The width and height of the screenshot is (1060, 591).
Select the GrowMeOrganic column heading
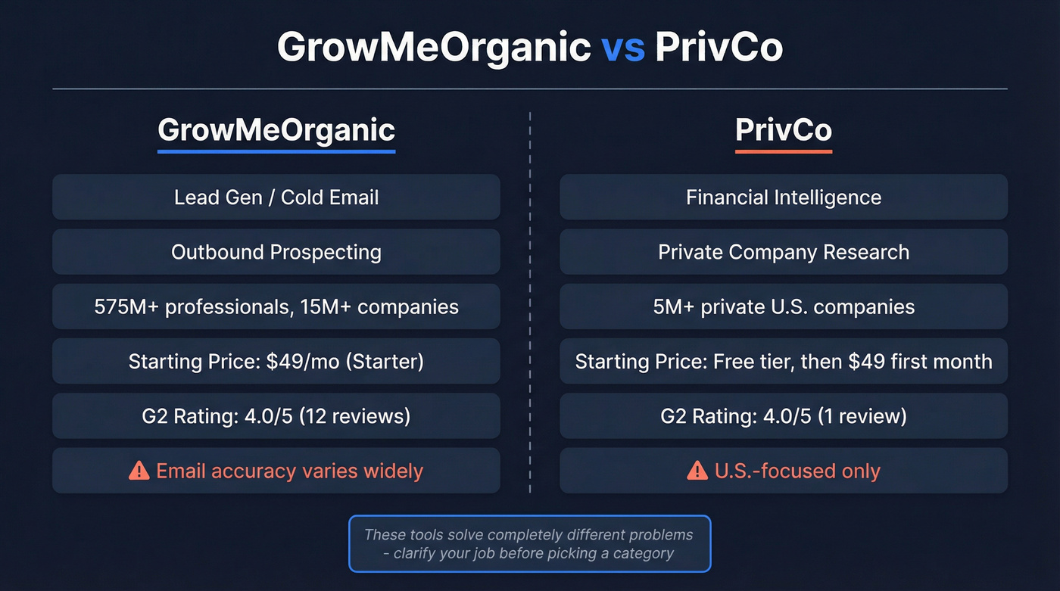(x=276, y=130)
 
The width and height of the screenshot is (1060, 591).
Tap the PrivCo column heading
(x=784, y=130)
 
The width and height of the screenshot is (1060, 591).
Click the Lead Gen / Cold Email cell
(x=276, y=198)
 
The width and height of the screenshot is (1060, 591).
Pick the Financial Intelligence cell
(x=784, y=198)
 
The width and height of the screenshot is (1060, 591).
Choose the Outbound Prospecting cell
(x=276, y=252)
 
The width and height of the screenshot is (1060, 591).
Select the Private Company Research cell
(x=784, y=252)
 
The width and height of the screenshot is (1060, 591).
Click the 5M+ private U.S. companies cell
(x=784, y=306)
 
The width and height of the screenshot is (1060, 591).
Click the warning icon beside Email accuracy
(x=139, y=471)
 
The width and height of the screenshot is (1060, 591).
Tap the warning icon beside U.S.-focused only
(x=697, y=471)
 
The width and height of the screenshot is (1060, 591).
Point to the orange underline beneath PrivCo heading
(x=784, y=151)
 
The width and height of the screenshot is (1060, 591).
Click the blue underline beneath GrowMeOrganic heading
(x=276, y=151)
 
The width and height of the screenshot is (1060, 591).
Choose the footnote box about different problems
(x=529, y=543)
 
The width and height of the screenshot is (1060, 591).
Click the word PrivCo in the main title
(x=719, y=47)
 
